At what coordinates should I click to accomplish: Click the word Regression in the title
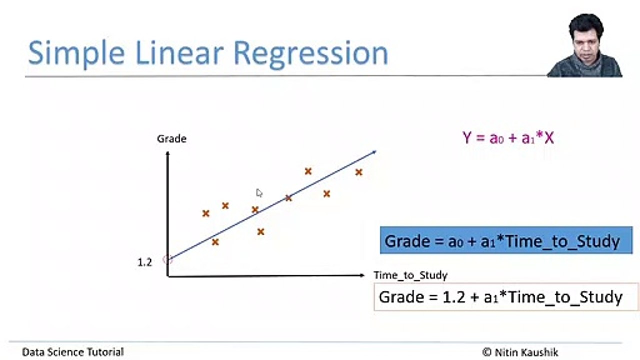pos(311,53)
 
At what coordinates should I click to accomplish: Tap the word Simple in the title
pos(76,53)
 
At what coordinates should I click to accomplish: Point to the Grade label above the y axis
pos(172,139)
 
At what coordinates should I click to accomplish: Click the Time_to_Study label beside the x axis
pos(411,275)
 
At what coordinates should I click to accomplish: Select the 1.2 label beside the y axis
pos(145,263)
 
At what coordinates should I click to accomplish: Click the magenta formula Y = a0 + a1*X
pos(508,138)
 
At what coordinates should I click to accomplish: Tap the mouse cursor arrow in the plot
pos(259,193)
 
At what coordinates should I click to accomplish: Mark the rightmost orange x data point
pos(359,172)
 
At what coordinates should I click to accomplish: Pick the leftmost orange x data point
pos(206,213)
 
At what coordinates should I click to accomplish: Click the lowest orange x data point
pos(215,242)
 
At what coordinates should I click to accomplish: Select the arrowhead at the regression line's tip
pos(374,152)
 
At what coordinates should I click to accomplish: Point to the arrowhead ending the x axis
pos(362,275)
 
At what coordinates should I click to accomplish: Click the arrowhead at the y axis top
pos(168,154)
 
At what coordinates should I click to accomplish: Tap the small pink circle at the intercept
pos(167,260)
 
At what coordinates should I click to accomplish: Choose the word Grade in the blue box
pos(407,241)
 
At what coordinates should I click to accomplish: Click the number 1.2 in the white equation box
pos(454,297)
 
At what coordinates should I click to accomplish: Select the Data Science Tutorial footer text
pos(73,352)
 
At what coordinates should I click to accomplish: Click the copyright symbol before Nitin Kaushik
pos(487,352)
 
